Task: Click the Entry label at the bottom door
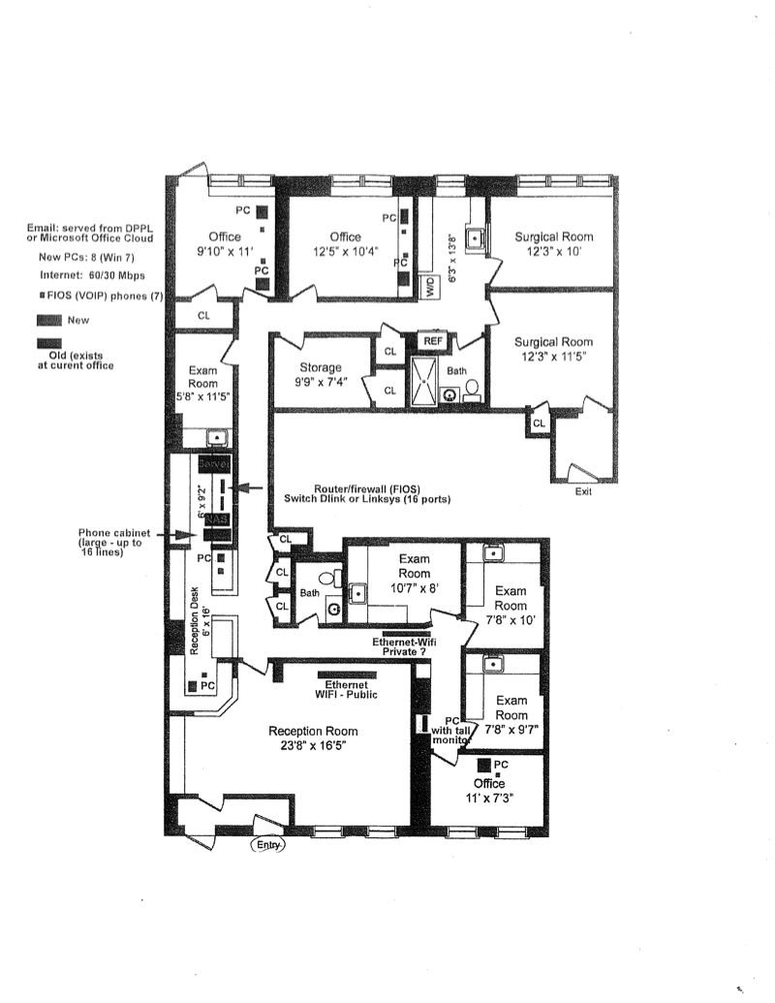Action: pyautogui.click(x=268, y=845)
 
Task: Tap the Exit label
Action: pyautogui.click(x=582, y=491)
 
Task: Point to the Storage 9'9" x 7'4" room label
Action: pyautogui.click(x=321, y=375)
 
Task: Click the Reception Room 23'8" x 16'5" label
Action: pyautogui.click(x=313, y=738)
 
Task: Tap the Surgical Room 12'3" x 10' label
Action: pyautogui.click(x=553, y=243)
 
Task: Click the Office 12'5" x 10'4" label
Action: pyautogui.click(x=345, y=244)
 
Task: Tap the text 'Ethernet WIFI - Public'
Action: pyautogui.click(x=346, y=689)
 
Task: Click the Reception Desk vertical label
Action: pyautogui.click(x=195, y=627)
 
